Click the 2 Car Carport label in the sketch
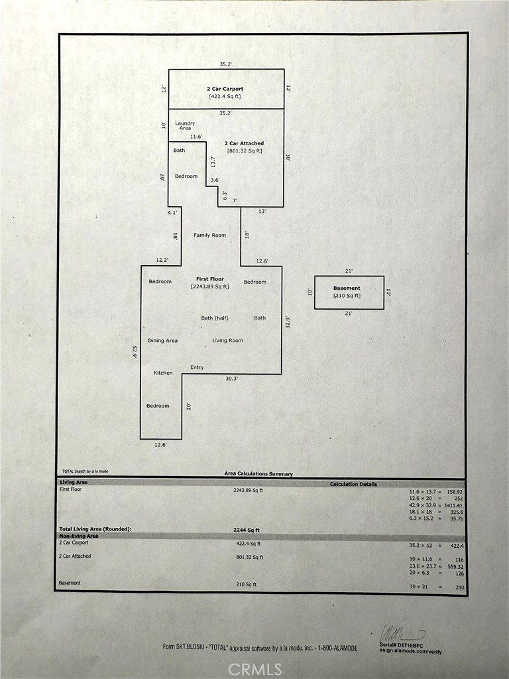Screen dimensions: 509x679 point(225,88)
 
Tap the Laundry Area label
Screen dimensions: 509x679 point(185,125)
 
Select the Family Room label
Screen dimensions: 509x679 point(209,235)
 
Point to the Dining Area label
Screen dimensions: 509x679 point(162,341)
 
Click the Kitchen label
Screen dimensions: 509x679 point(163,373)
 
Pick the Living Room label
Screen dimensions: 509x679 point(227,341)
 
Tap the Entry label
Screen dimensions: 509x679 point(197,367)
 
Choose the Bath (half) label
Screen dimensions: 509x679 point(215,318)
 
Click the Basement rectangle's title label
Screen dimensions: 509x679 point(347,288)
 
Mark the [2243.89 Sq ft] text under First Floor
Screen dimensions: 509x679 point(209,286)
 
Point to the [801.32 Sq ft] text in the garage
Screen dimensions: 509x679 point(245,151)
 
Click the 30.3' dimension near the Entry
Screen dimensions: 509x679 point(231,379)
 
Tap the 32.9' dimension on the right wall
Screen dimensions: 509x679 point(288,322)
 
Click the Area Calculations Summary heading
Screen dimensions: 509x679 point(258,474)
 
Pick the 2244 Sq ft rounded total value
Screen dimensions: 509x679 point(246,529)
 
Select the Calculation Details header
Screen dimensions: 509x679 point(353,484)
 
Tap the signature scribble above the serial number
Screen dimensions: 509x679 point(402,633)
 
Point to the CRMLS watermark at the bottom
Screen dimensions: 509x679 point(254,669)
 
